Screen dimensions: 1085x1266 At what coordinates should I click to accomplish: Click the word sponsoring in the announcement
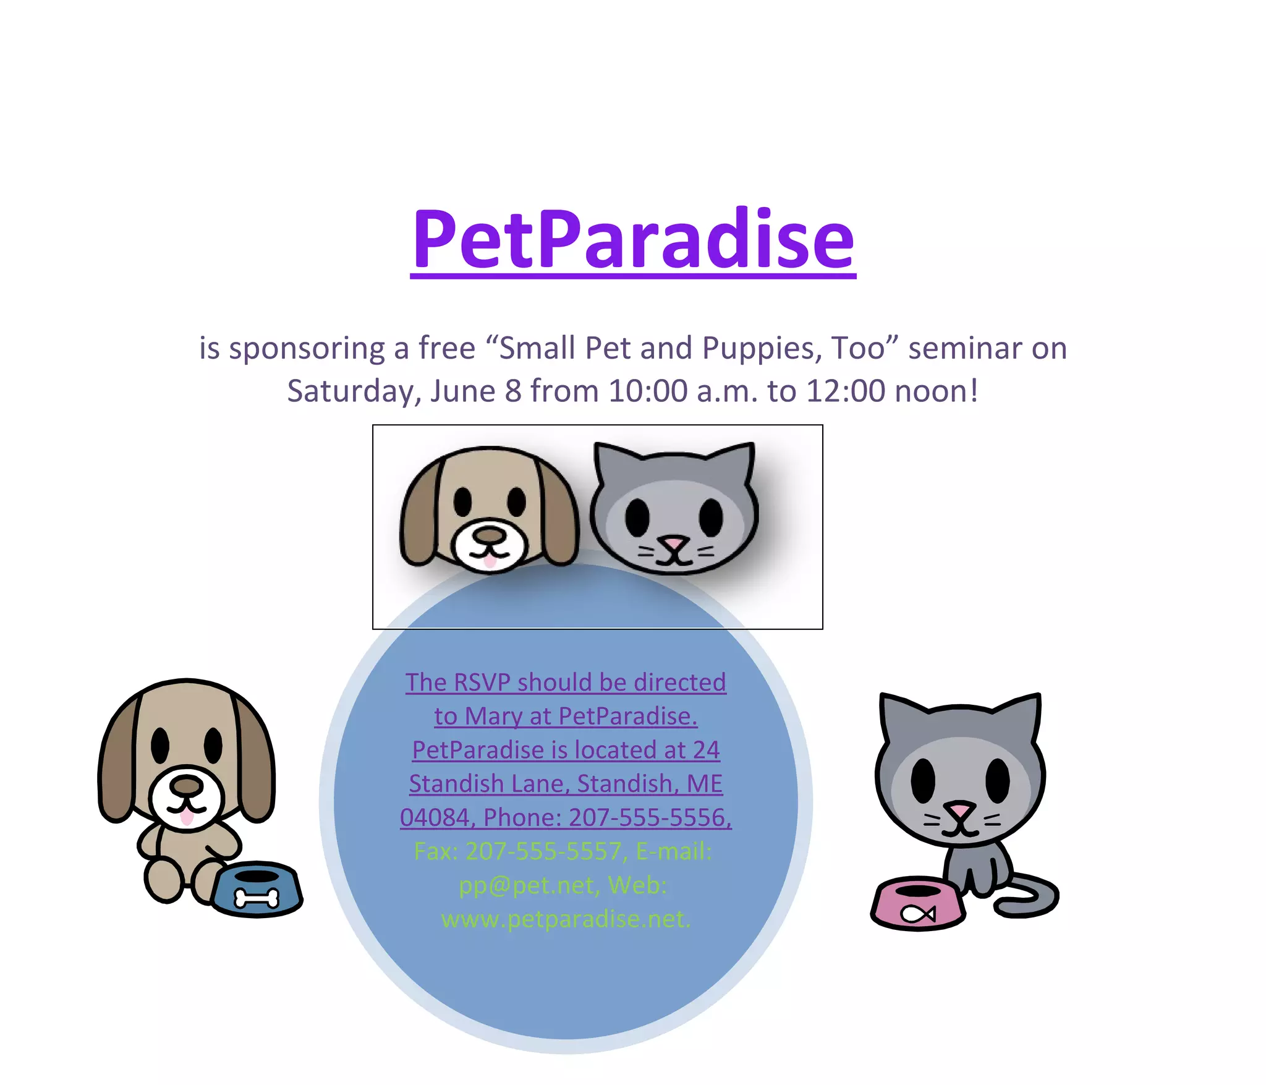point(307,349)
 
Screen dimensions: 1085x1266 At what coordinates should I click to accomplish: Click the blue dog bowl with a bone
point(257,890)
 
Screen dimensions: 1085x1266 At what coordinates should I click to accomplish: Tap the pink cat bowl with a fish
point(918,904)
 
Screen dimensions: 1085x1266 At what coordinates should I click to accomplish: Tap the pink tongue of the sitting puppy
point(186,817)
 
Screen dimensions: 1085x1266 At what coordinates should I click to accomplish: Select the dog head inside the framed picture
point(490,508)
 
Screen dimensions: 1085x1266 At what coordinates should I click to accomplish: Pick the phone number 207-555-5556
point(649,818)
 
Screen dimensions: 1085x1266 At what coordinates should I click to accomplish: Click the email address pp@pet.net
point(527,885)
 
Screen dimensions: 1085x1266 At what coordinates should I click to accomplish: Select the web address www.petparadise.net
point(565,919)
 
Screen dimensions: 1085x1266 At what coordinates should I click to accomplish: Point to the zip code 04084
point(435,818)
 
